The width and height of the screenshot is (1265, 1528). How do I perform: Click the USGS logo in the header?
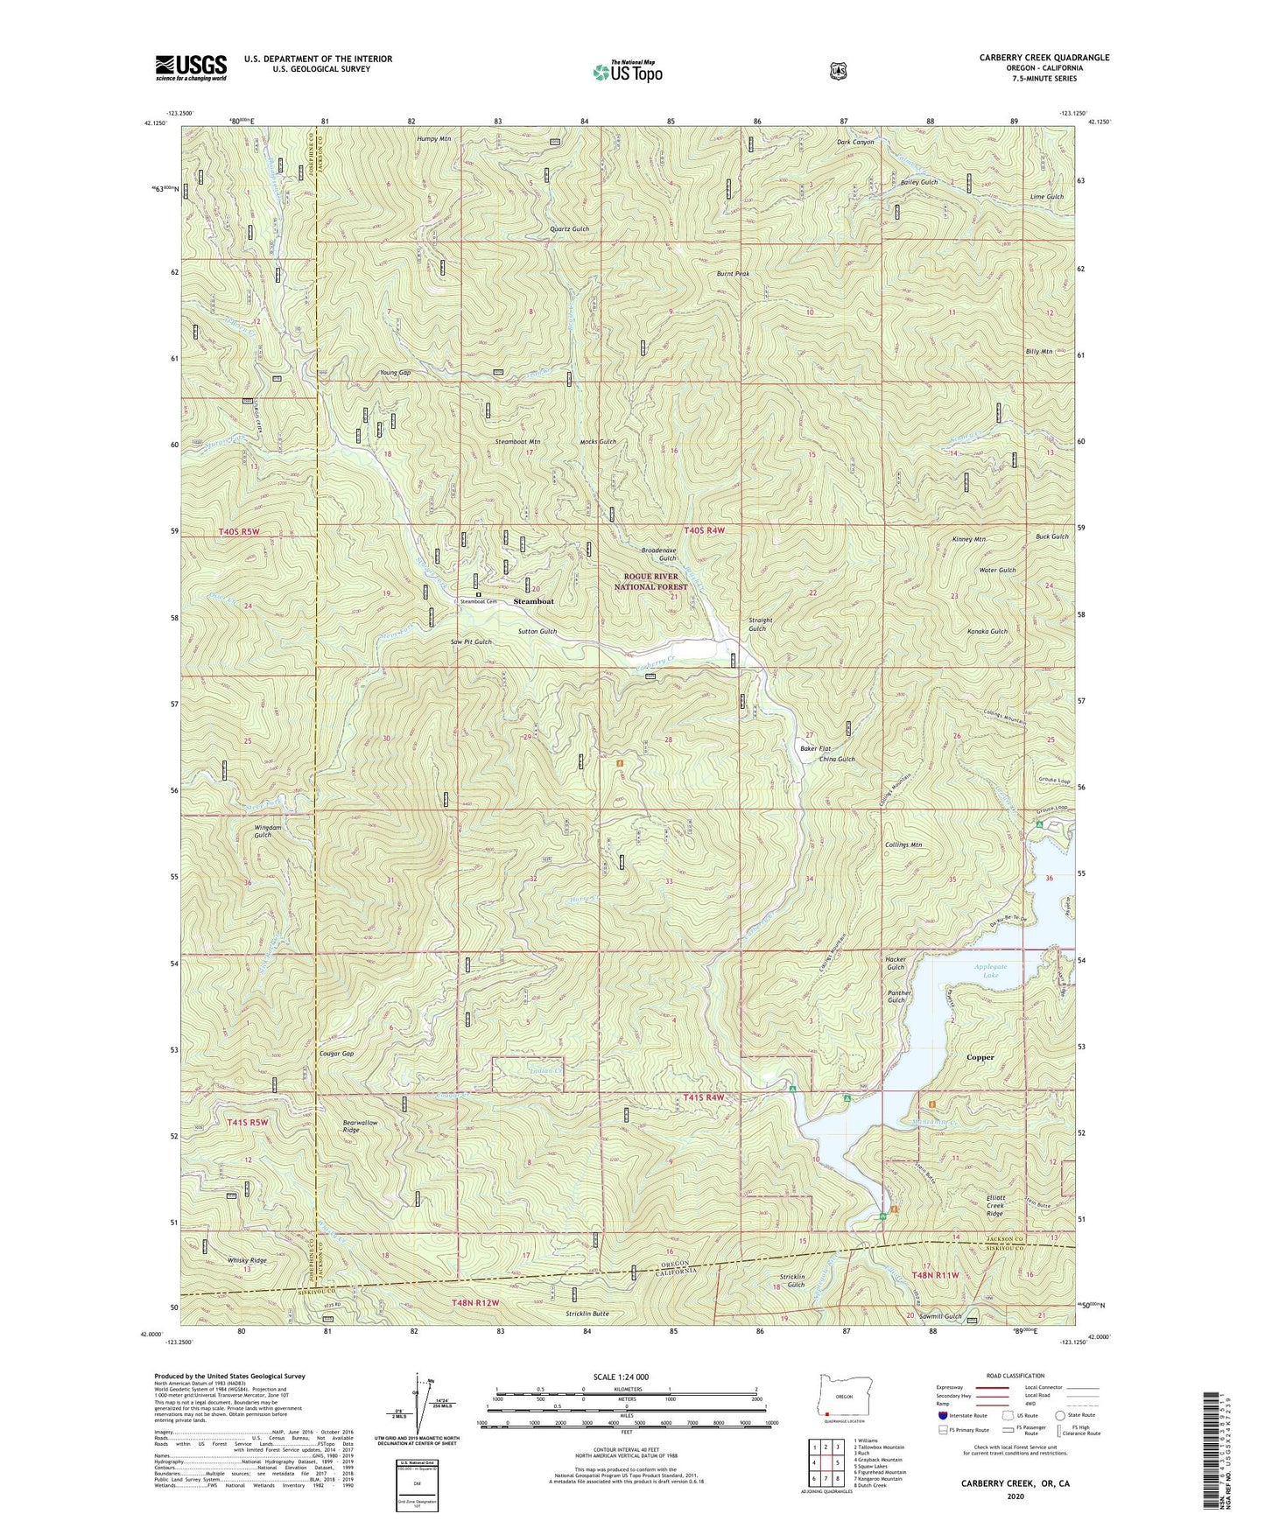(x=191, y=67)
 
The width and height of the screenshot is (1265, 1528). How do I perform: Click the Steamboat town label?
(x=533, y=602)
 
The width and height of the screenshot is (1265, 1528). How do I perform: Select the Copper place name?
(x=980, y=1057)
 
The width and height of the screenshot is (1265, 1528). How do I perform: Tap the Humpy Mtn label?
(x=434, y=139)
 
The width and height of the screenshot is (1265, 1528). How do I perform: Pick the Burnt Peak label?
(x=733, y=274)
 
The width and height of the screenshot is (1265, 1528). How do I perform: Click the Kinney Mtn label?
(x=968, y=539)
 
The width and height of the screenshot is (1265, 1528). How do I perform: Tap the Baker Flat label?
(x=815, y=748)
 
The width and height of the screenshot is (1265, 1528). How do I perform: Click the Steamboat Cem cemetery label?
(x=480, y=602)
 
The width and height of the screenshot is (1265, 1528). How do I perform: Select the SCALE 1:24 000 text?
(x=619, y=1377)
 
